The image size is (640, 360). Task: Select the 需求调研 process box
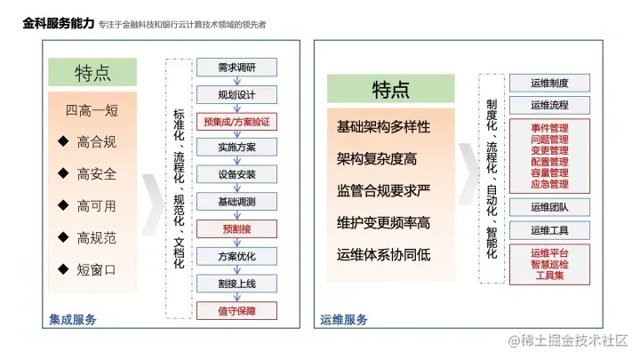point(236,68)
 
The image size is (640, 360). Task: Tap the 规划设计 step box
point(236,94)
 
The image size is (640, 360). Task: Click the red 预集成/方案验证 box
point(236,121)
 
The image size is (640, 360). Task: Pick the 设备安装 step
point(236,174)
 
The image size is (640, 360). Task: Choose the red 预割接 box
point(236,228)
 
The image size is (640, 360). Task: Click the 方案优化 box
point(236,256)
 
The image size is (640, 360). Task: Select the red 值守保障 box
point(236,310)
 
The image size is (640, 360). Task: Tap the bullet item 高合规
point(95,141)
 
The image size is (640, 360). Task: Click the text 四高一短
point(92,111)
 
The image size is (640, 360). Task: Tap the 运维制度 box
point(549,83)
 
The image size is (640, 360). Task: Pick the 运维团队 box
point(549,207)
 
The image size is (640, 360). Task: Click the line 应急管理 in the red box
point(549,184)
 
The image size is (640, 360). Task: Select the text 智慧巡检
point(549,264)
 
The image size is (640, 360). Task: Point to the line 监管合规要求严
point(383,190)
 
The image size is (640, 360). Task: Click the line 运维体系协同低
point(383,254)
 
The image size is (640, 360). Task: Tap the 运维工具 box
point(549,230)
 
